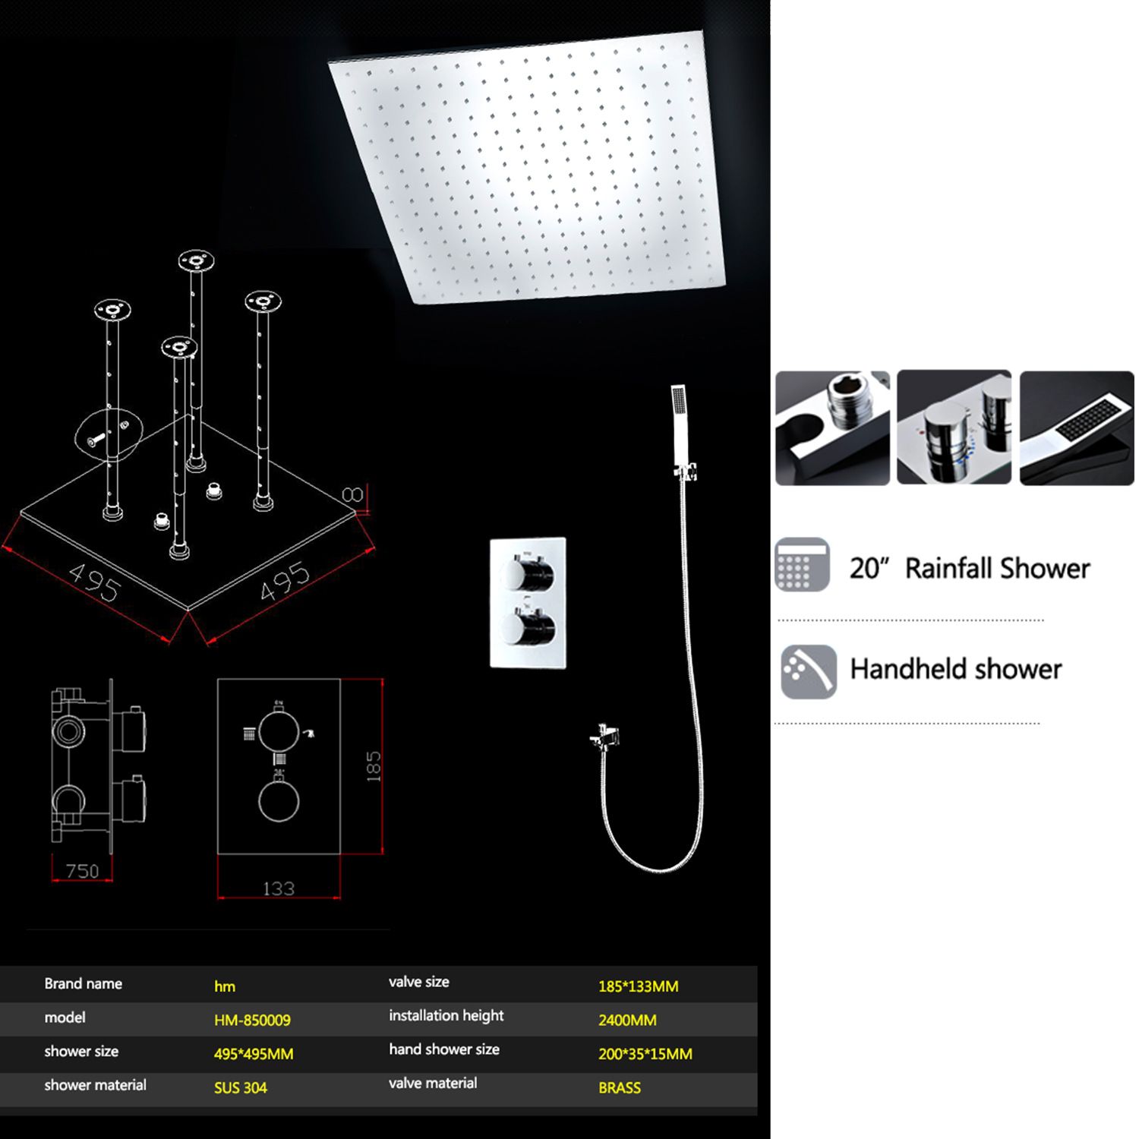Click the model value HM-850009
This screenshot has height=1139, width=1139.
pos(252,1020)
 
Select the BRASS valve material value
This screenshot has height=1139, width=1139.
pos(620,1087)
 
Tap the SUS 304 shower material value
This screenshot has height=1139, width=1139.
pos(240,1087)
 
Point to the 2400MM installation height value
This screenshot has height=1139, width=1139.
pos(627,1020)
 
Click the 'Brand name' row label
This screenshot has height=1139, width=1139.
pos(83,983)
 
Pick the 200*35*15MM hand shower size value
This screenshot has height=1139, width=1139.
pos(645,1053)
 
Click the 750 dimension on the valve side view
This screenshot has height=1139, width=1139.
pos(82,871)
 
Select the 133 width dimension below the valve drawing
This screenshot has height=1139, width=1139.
pos(278,888)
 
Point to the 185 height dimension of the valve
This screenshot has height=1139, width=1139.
pos(373,766)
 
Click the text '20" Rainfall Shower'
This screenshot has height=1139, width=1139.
pos(970,568)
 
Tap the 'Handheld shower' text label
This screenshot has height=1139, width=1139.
pos(955,669)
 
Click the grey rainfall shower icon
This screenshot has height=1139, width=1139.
pos(803,564)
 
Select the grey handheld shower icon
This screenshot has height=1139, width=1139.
pos(809,671)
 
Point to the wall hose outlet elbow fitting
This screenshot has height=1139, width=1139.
pos(605,737)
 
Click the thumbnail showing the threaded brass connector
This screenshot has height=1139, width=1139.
pos(832,428)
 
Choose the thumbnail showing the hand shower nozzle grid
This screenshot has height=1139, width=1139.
pos(1077,428)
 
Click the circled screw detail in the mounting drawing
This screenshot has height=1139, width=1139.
pos(105,436)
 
